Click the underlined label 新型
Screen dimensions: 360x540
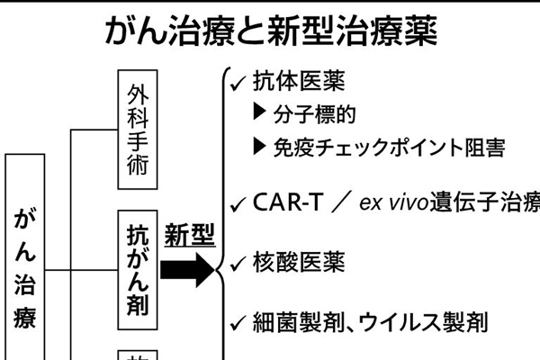click(189, 236)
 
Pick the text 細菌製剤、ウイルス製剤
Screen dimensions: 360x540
click(369, 321)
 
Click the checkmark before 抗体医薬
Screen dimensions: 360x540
click(238, 83)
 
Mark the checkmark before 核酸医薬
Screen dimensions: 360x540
click(238, 264)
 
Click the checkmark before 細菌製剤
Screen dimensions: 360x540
click(238, 322)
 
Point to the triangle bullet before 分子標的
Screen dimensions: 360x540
click(261, 114)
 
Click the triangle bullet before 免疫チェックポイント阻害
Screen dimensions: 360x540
click(261, 147)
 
